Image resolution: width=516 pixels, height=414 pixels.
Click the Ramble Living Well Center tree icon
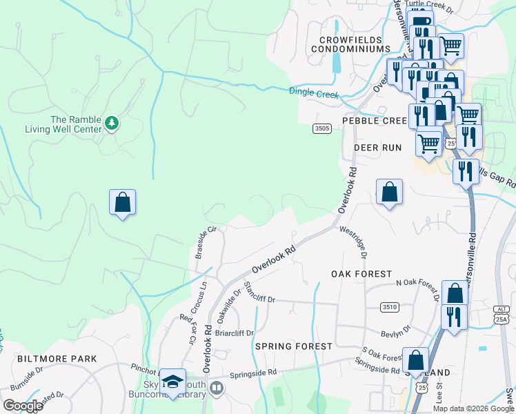(x=112, y=124)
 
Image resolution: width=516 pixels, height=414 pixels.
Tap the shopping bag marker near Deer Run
(x=389, y=193)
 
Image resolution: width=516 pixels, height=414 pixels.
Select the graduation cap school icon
(x=173, y=382)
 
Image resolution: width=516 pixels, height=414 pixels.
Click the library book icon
(x=217, y=388)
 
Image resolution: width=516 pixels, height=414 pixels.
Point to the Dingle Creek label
(x=314, y=92)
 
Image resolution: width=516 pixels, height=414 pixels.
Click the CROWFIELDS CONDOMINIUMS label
(x=350, y=44)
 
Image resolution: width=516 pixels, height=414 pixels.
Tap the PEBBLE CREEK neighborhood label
(x=375, y=121)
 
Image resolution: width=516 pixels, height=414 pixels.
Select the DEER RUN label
(x=377, y=148)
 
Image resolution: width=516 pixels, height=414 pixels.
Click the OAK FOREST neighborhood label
(x=361, y=274)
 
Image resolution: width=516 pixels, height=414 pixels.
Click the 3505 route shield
(x=321, y=128)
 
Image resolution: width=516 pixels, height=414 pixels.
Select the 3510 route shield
(x=389, y=306)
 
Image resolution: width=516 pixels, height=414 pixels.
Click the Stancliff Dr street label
(x=259, y=292)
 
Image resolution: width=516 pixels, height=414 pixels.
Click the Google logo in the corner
(x=23, y=406)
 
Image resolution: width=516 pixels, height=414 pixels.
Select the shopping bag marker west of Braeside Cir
(x=122, y=203)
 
